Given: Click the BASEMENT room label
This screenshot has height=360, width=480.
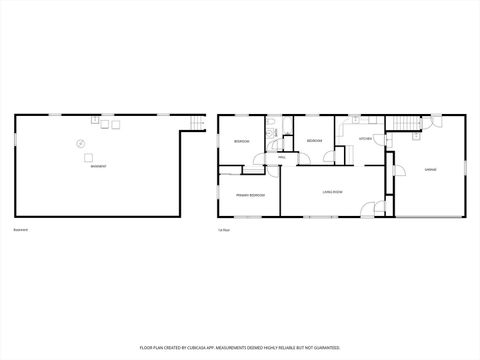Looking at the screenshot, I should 98,165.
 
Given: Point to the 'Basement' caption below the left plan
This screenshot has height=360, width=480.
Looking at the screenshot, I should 20,231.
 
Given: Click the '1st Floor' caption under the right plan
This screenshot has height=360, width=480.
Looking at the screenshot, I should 225,231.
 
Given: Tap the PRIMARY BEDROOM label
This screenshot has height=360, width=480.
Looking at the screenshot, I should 250,194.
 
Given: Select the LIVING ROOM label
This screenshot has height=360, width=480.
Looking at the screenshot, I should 333,191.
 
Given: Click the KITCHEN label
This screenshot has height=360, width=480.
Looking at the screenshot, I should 365,138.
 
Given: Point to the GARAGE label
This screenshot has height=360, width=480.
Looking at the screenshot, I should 430,169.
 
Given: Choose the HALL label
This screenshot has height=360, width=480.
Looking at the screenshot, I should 282,158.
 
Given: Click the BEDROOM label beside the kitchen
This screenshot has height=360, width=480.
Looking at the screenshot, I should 313,141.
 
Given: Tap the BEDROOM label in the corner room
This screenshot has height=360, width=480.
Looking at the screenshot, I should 241,142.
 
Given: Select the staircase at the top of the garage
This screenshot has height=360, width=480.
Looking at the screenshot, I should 401,124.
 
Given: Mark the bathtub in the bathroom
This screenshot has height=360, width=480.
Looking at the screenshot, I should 287,127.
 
